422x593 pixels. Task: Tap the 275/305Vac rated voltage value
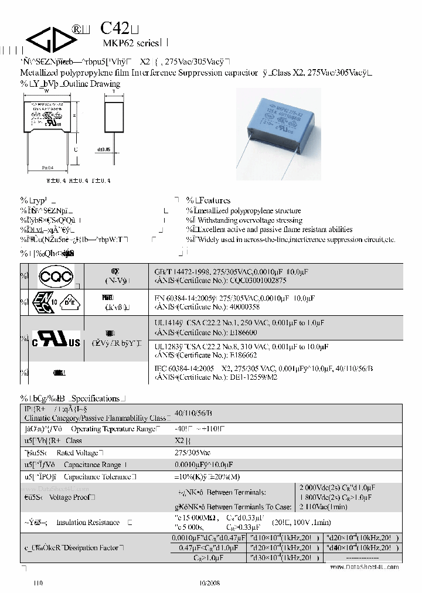click(x=193, y=452)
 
